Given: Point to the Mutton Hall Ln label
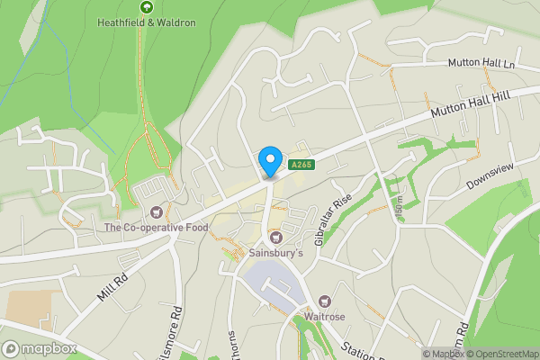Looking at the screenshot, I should point(483,64).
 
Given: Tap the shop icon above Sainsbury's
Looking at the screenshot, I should point(276,238).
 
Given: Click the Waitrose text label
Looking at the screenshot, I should point(324,316).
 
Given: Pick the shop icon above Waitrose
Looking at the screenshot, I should point(324,301).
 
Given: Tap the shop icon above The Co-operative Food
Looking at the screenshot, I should point(158,212).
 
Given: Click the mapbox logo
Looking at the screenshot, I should point(39,348).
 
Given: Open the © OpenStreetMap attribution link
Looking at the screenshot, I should point(499,354).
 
